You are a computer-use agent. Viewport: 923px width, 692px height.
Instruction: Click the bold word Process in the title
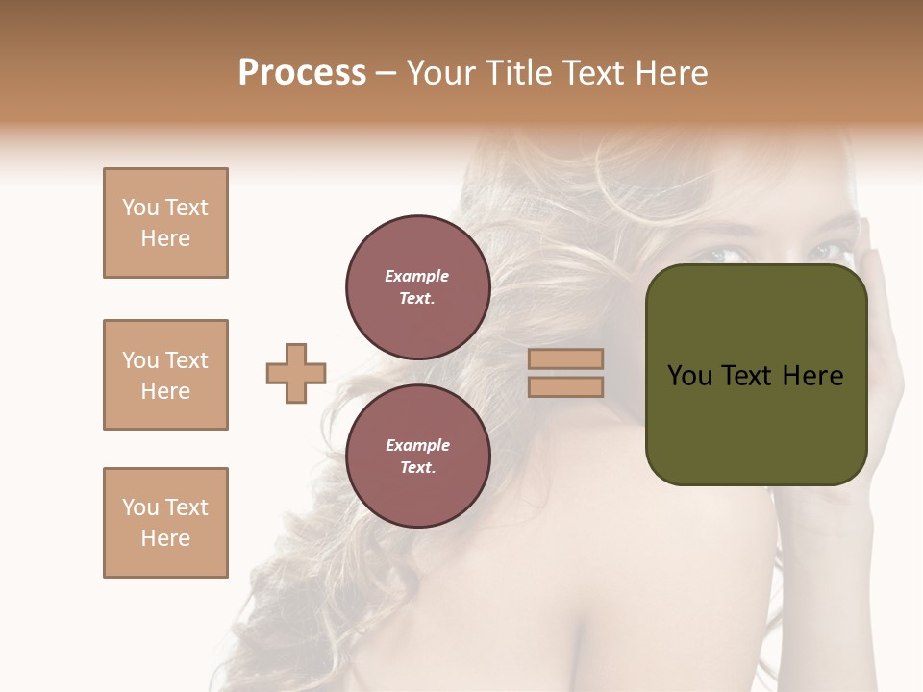tap(302, 73)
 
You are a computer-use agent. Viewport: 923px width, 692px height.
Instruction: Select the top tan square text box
tap(165, 223)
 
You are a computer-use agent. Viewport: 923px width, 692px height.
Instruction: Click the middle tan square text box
tap(165, 375)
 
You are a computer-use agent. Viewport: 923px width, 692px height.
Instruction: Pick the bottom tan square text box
tap(165, 523)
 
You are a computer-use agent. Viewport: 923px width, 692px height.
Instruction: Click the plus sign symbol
tap(296, 373)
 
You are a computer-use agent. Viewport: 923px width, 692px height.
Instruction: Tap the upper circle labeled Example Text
tap(417, 287)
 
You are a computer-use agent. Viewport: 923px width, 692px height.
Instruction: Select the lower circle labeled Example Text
tap(417, 457)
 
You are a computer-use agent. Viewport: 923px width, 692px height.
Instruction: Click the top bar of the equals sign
tap(565, 359)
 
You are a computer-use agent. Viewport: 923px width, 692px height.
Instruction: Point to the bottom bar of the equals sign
tap(565, 386)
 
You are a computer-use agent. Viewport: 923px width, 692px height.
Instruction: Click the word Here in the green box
tap(812, 376)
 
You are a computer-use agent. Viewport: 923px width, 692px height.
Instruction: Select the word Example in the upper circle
tap(417, 277)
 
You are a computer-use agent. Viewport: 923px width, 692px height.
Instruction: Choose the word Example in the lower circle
tap(417, 446)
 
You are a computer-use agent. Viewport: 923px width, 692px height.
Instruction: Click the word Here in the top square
tap(165, 238)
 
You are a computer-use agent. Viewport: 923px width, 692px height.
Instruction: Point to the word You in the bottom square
tap(140, 507)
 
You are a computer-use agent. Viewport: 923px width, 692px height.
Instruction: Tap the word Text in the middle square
tap(186, 360)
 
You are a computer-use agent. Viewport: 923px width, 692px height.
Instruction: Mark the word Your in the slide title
tap(441, 73)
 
